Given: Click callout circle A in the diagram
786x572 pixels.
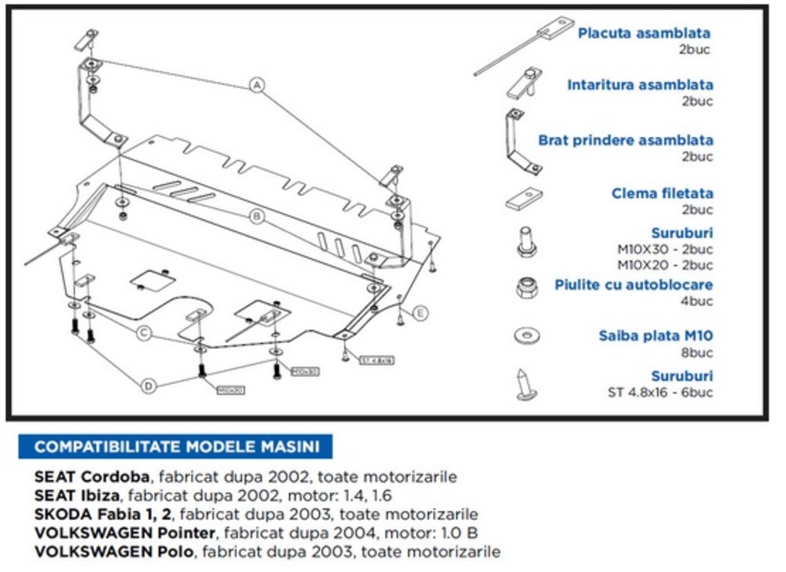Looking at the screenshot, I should tap(257, 85).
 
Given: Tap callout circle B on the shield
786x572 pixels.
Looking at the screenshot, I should tap(256, 216).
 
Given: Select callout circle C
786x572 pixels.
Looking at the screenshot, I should tap(145, 334).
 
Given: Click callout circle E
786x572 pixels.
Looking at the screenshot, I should tap(421, 314).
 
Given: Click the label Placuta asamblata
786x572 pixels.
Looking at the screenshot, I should tap(644, 33).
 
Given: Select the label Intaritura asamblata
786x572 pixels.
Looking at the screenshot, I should tap(640, 85).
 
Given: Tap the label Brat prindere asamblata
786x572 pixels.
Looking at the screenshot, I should tap(626, 140).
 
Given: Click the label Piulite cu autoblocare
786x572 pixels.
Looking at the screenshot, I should tap(634, 285).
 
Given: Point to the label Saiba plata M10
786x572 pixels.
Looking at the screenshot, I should tap(656, 337).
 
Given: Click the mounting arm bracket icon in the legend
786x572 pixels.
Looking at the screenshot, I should tap(521, 142).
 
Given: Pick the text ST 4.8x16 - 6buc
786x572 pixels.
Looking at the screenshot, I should tap(660, 393).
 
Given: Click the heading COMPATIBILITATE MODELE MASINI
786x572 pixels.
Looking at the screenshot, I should tap(178, 447).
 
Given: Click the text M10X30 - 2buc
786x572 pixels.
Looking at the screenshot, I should tap(665, 249).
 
